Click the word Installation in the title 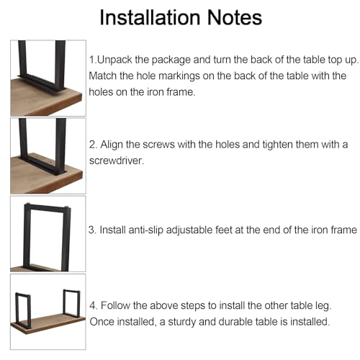(150, 17)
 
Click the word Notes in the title (234, 17)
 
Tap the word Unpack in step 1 (114, 60)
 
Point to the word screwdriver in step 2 (117, 161)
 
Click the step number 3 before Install (92, 230)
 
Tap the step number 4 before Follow (93, 305)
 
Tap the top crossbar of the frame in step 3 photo (48, 207)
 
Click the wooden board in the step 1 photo (46, 99)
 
